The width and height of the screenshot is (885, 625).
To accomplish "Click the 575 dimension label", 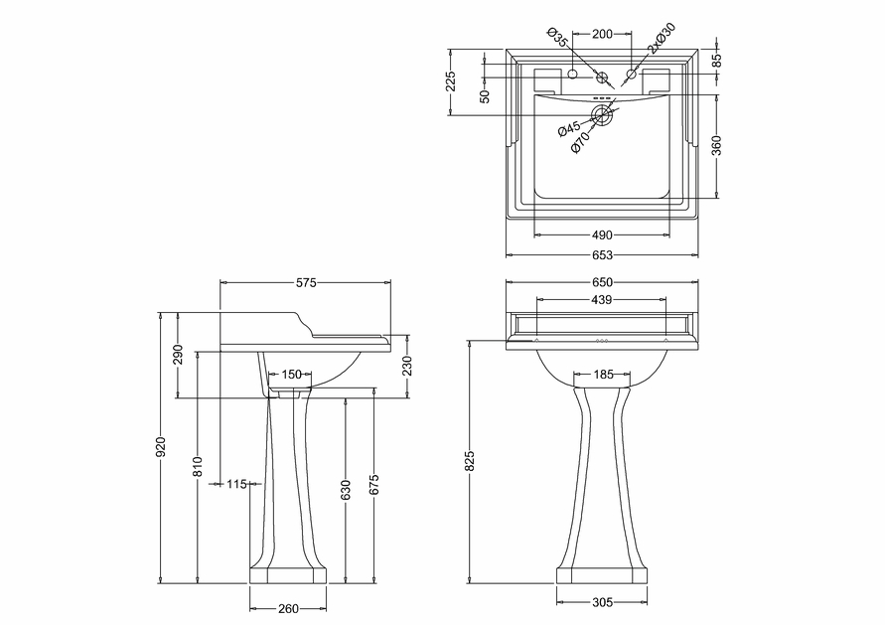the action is pos(306,282).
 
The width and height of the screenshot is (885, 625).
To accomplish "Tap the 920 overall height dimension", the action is pos(162,446).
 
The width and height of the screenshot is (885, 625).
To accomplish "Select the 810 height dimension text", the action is pos(198,466).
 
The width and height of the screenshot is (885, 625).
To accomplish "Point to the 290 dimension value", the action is pos(179,355).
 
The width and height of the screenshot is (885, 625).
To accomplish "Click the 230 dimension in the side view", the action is pos(407,366).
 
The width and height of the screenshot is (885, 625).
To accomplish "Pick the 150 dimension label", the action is pos(292,374).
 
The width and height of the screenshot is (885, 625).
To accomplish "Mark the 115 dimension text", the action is pos(237,484).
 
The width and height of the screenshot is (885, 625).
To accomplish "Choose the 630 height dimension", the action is pos(346,490).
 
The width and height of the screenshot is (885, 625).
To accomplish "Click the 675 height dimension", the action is pos(374,485).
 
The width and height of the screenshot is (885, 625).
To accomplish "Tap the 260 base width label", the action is pos(288,609).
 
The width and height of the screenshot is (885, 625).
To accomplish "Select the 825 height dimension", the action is pos(471,460).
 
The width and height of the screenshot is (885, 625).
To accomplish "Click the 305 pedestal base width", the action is pos(602,602).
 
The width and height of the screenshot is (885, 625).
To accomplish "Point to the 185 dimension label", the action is pos(603,374).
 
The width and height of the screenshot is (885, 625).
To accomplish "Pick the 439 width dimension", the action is pos(602,300).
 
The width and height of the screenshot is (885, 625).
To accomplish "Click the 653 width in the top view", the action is pos(602,255).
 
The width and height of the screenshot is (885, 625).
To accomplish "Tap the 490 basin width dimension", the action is pos(602,234).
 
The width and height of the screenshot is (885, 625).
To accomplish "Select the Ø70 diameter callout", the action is pos(580,143).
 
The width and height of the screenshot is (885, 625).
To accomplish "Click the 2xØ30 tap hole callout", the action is pos(661,39).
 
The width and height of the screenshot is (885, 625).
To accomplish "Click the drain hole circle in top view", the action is pos(602,115).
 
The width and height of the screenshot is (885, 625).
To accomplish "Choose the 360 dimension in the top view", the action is pos(716,146).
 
